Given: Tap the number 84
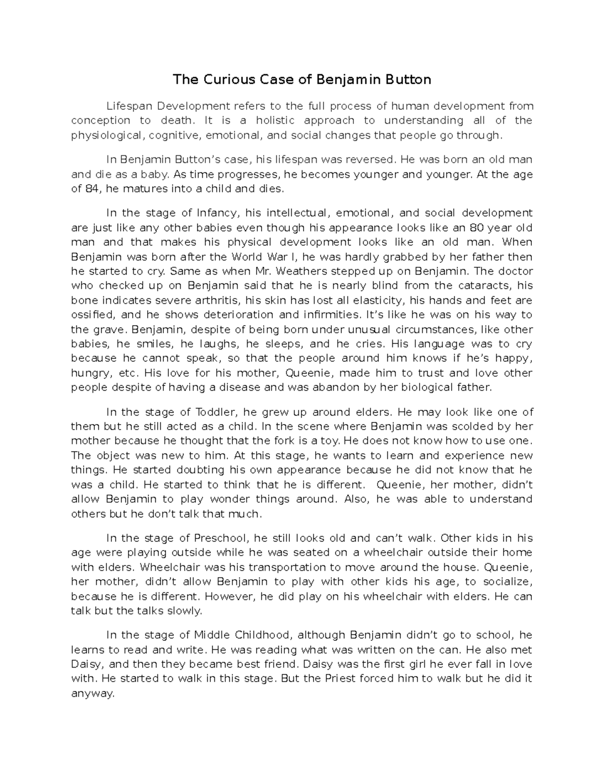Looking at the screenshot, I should coord(92,189).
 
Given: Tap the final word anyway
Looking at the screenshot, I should coord(93,694).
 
